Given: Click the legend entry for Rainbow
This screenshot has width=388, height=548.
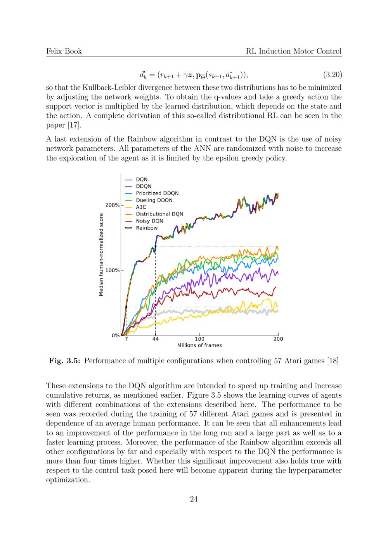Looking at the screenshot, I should coord(147,228).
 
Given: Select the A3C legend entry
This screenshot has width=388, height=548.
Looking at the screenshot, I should coord(141,207).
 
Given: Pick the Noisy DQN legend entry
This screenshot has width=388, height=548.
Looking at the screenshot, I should coord(149,221).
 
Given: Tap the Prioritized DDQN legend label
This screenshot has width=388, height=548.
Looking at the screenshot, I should coord(157,193).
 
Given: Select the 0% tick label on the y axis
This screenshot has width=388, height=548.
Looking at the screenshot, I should coord(116,335).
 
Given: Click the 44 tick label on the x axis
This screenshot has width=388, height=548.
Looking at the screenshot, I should coord(155,339).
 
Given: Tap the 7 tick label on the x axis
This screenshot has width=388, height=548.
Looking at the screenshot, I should coord(126,339).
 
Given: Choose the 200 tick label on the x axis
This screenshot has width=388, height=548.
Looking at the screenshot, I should coord(278,339).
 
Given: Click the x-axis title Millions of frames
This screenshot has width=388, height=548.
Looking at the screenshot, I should coord(199,345).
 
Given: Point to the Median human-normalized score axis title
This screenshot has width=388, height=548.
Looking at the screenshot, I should coord(101,255).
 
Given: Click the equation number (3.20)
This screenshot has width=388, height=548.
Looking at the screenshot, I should coord(332,74).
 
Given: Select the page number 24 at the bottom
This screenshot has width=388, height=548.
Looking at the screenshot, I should coord(194,499).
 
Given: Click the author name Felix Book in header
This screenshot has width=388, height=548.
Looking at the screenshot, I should coord(64,51).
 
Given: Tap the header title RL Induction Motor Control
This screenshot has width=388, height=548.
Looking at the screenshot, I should coord(294,51).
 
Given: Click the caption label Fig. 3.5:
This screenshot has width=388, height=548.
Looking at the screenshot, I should coord(64,361).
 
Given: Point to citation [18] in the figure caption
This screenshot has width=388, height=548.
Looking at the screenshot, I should coord(333,361).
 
